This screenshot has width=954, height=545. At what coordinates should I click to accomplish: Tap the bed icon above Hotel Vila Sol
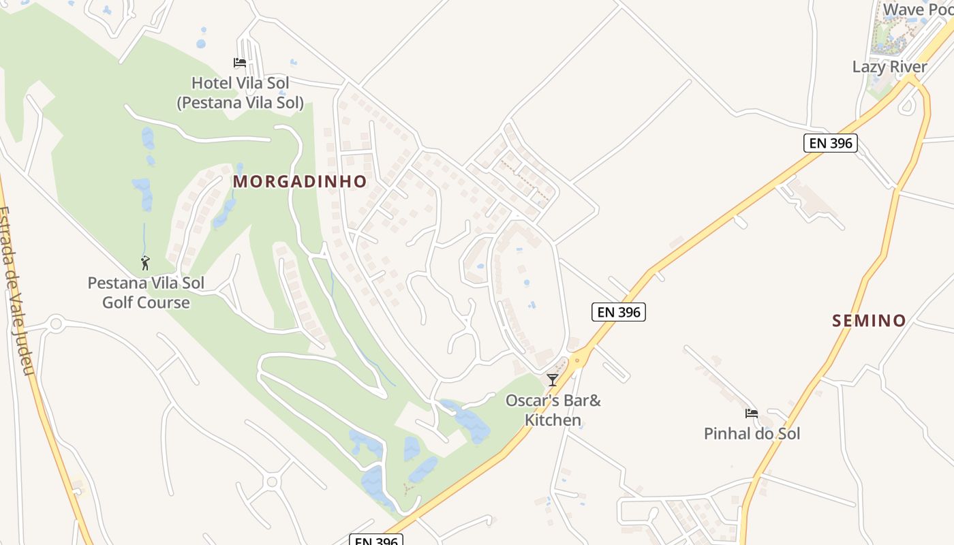pyautogui.click(x=239, y=63)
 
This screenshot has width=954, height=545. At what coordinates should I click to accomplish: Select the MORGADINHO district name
pyautogui.click(x=300, y=181)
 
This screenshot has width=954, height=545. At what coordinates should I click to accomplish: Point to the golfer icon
pyautogui.click(x=145, y=263)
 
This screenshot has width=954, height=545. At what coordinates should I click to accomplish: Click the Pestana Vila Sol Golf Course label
pyautogui.click(x=146, y=292)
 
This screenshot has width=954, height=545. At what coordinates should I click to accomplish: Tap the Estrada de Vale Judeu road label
pyautogui.click(x=17, y=290)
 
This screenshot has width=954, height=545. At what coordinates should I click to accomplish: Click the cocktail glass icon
pyautogui.click(x=553, y=379)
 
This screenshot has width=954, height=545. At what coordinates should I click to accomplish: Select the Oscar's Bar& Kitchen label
pyautogui.click(x=553, y=410)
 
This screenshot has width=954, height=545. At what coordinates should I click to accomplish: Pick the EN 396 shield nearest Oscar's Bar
pyautogui.click(x=618, y=312)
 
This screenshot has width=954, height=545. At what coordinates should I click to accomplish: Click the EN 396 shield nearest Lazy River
pyautogui.click(x=829, y=143)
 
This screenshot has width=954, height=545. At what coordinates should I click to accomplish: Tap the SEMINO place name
pyautogui.click(x=869, y=320)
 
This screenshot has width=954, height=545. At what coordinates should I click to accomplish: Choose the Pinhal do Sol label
pyautogui.click(x=752, y=433)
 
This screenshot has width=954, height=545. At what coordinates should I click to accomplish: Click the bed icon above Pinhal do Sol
pyautogui.click(x=751, y=413)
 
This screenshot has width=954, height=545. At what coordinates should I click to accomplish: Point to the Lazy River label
pyautogui.click(x=889, y=67)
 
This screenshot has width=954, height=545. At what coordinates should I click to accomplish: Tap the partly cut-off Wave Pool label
pyautogui.click(x=917, y=10)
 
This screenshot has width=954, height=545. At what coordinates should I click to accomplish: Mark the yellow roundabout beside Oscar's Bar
pyautogui.click(x=578, y=358)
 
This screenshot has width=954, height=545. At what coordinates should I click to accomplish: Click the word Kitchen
pyautogui.click(x=553, y=420)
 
